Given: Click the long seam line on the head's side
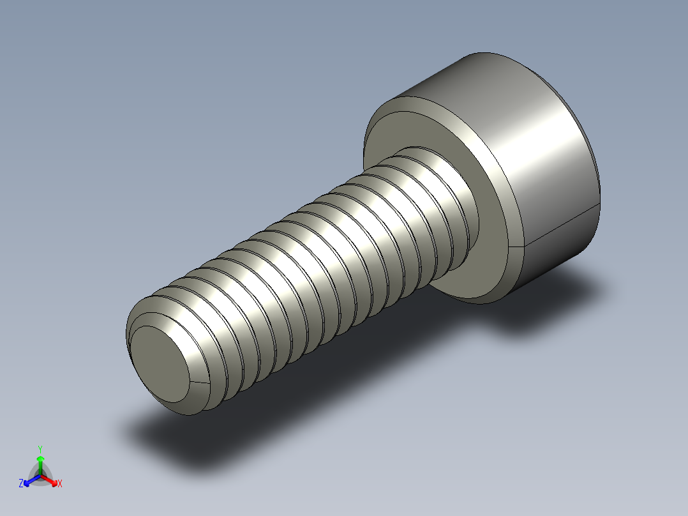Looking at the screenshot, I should click(562, 227).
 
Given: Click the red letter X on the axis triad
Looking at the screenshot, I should click(59, 483).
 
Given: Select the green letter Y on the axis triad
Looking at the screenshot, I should click(40, 449).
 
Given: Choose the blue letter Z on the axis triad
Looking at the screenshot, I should click(21, 483).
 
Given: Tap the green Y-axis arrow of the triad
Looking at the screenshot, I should click(40, 461).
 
